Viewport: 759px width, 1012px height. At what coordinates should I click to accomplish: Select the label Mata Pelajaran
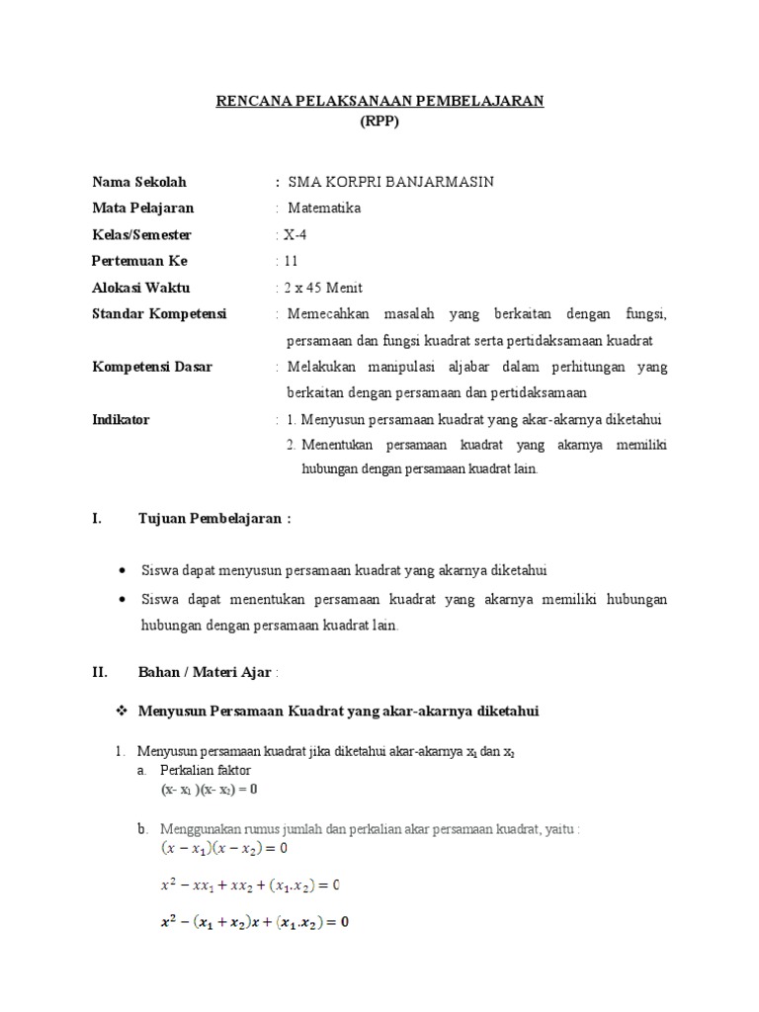pos(143,209)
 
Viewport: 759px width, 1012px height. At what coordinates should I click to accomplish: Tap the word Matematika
pos(325,209)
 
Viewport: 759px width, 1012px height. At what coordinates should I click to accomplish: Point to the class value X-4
pos(295,235)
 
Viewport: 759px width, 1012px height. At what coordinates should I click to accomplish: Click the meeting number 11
pos(290,261)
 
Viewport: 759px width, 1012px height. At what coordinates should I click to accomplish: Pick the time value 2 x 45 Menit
pos(322,288)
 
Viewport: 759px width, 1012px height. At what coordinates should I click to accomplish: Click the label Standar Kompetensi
pos(159,313)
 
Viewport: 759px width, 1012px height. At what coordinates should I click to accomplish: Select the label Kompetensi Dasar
pos(152,367)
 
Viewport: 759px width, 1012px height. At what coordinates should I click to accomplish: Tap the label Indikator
pos(121,419)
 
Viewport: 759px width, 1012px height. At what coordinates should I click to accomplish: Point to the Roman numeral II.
pos(99,672)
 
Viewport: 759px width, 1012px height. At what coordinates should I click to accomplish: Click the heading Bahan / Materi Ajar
pos(206,672)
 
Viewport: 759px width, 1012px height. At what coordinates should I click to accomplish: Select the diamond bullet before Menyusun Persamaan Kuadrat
pos(124,712)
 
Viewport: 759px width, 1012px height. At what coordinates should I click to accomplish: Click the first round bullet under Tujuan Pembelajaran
pos(122,571)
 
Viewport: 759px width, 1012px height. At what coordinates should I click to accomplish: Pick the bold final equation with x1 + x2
pos(254,923)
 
